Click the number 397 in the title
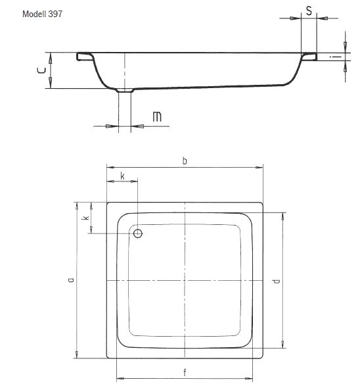(55, 14)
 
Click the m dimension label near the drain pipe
(157, 117)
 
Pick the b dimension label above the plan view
(186, 160)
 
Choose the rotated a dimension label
(70, 279)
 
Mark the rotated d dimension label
(275, 281)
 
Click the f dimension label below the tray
(185, 374)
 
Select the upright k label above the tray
(123, 176)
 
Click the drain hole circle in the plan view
(138, 233)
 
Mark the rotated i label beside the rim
(334, 58)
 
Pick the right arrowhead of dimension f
(252, 379)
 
